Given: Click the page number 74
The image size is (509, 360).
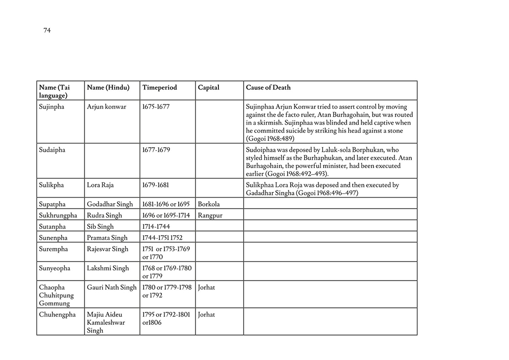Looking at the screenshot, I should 47,31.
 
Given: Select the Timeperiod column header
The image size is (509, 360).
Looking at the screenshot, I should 160,88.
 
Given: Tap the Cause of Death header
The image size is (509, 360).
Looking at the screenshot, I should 268,88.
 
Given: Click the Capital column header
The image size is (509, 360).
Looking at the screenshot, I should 209,88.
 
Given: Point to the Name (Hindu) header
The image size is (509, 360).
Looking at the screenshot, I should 108,88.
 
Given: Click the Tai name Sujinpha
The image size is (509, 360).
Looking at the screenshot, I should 52,107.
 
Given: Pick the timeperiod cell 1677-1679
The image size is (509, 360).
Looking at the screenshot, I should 156,150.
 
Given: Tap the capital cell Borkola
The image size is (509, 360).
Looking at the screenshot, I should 209,204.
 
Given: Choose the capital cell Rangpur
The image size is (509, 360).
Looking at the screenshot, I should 210,215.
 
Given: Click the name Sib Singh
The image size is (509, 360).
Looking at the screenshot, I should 100,227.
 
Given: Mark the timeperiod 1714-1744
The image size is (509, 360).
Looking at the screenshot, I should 156,227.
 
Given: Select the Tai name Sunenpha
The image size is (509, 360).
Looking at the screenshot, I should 53,238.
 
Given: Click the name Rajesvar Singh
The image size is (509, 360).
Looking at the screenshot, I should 108,249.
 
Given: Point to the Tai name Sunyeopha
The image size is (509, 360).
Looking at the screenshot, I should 54,268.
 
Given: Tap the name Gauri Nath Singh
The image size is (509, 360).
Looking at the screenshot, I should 112,287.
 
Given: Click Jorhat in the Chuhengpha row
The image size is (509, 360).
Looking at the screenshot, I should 207,315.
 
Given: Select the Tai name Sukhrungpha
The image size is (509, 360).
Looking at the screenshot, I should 58,215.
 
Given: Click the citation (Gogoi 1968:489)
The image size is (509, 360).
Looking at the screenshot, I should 270,139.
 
